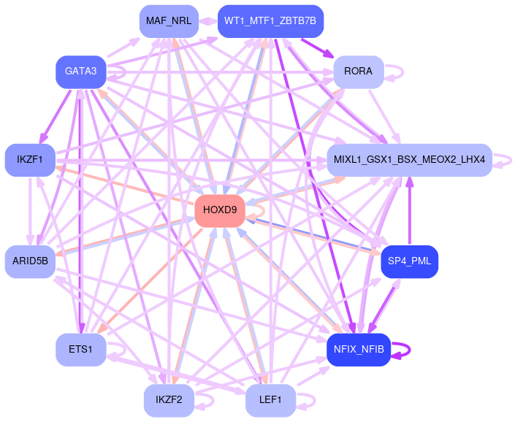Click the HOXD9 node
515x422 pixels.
[x=220, y=210]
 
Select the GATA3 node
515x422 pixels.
[x=81, y=72]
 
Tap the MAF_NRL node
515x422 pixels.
[x=169, y=20]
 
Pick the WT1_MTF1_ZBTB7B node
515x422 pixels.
[x=270, y=20]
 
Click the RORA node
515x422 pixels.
[x=359, y=72]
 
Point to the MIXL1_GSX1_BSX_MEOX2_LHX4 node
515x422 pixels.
[x=409, y=159]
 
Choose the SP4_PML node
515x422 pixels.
[x=409, y=261]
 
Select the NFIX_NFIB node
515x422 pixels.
[x=359, y=349]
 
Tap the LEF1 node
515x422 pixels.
[x=270, y=400]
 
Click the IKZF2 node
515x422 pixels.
[x=169, y=400]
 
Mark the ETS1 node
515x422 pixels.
[x=81, y=349]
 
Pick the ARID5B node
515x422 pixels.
[x=30, y=261]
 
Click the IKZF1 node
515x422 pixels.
[x=30, y=159]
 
